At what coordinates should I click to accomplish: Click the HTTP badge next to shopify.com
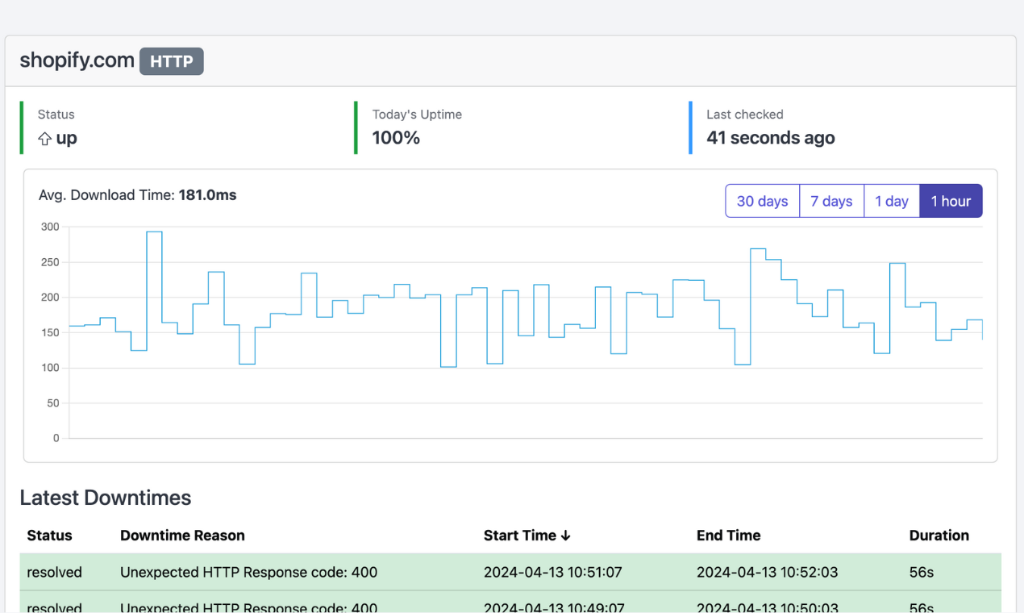[x=171, y=61]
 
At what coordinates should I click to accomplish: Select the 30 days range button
[x=762, y=201]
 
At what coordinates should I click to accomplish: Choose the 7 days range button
[x=831, y=201]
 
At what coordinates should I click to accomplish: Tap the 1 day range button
[x=892, y=201]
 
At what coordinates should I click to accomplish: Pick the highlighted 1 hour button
[x=951, y=201]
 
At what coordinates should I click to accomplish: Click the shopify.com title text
[x=77, y=60]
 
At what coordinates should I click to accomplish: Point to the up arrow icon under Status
[x=45, y=139]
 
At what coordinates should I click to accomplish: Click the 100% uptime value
[x=396, y=138]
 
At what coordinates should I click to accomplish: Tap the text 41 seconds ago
[x=770, y=138]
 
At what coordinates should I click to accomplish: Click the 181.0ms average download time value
[x=207, y=194]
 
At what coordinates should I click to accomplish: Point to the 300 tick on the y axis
[x=50, y=227]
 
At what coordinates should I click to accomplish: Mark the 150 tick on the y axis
[x=50, y=332]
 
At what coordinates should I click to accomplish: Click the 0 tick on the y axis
[x=56, y=438]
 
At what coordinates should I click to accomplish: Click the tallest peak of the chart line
[x=154, y=232]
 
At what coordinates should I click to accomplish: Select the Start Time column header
[x=527, y=536]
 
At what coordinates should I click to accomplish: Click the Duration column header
[x=939, y=536]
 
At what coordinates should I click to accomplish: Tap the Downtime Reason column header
[x=182, y=536]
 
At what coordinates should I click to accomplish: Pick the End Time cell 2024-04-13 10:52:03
[x=767, y=573]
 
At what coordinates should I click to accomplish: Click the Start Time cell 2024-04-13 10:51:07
[x=553, y=573]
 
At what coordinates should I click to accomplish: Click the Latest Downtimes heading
[x=106, y=498]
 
